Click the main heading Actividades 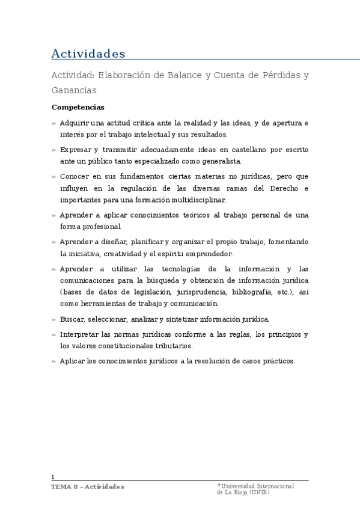[x=88, y=54]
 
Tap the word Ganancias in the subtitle [x=74, y=90]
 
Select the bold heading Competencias [x=78, y=107]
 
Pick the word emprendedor [x=206, y=254]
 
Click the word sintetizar [x=180, y=319]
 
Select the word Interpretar [x=79, y=334]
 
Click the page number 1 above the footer [x=53, y=476]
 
